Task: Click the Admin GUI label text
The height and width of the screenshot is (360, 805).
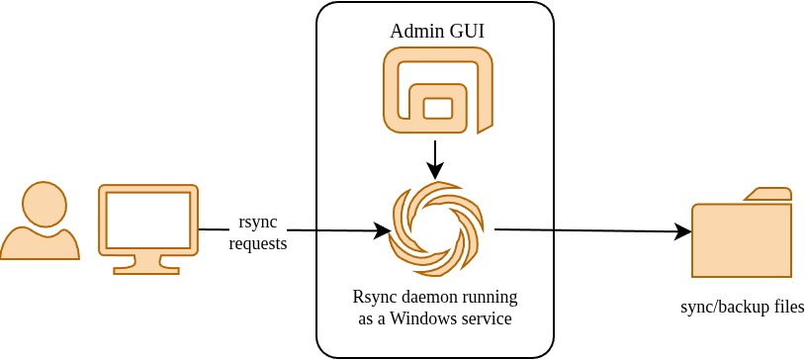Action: pyautogui.click(x=436, y=31)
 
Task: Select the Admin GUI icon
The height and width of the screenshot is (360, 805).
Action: pyautogui.click(x=437, y=90)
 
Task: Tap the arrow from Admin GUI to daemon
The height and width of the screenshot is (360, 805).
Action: pyautogui.click(x=435, y=157)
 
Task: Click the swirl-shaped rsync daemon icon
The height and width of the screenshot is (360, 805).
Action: pyautogui.click(x=436, y=229)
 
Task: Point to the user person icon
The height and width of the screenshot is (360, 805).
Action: pyautogui.click(x=40, y=222)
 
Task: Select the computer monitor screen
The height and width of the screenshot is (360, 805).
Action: pyautogui.click(x=148, y=220)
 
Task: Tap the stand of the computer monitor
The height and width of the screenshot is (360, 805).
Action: pyautogui.click(x=148, y=264)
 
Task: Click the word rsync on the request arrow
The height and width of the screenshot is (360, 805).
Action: pyautogui.click(x=257, y=222)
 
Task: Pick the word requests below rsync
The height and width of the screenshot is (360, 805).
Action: pyautogui.click(x=257, y=242)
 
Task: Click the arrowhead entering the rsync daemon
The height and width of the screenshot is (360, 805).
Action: pyautogui.click(x=383, y=231)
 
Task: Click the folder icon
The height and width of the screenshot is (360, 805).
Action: pyautogui.click(x=742, y=237)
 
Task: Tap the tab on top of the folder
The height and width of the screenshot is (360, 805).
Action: pyautogui.click(x=767, y=194)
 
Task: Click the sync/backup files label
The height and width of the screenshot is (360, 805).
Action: pyautogui.click(x=743, y=307)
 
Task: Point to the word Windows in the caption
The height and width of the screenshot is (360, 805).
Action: pyautogui.click(x=424, y=318)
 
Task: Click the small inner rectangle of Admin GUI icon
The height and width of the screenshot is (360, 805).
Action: pyautogui.click(x=437, y=108)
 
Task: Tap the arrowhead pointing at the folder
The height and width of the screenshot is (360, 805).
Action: pyautogui.click(x=682, y=232)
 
